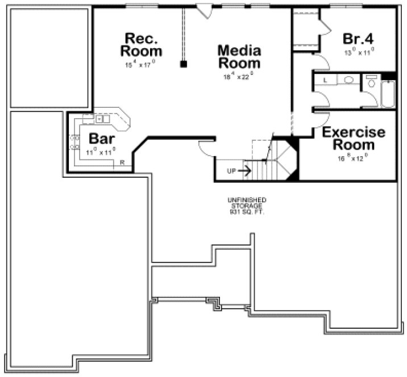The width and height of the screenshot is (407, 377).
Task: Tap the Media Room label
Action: tap(239, 57)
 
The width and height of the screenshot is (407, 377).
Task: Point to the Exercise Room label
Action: tap(354, 138)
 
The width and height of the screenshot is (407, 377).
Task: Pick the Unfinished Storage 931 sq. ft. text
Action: tap(247, 206)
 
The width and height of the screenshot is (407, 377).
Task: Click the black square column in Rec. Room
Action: tap(183, 64)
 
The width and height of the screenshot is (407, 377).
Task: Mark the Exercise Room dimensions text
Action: tap(354, 159)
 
